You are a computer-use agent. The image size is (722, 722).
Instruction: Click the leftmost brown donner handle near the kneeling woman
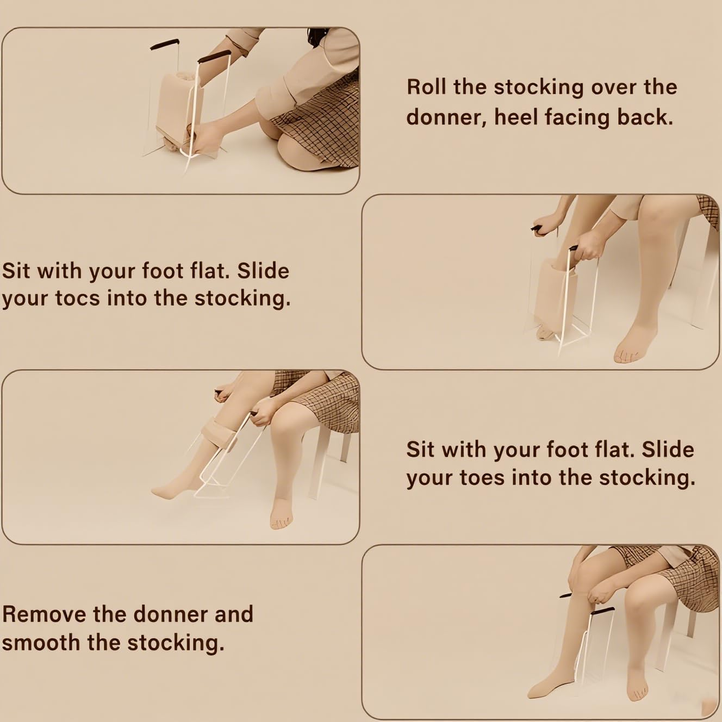(x=165, y=44)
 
